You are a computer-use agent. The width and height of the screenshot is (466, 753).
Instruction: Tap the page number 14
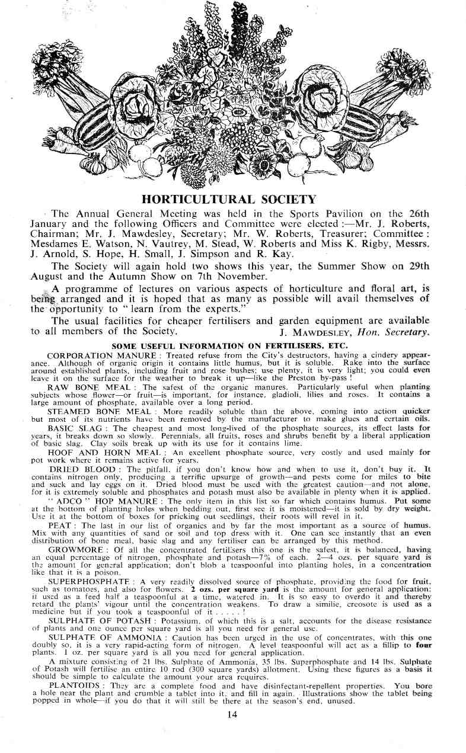tap(232, 714)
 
